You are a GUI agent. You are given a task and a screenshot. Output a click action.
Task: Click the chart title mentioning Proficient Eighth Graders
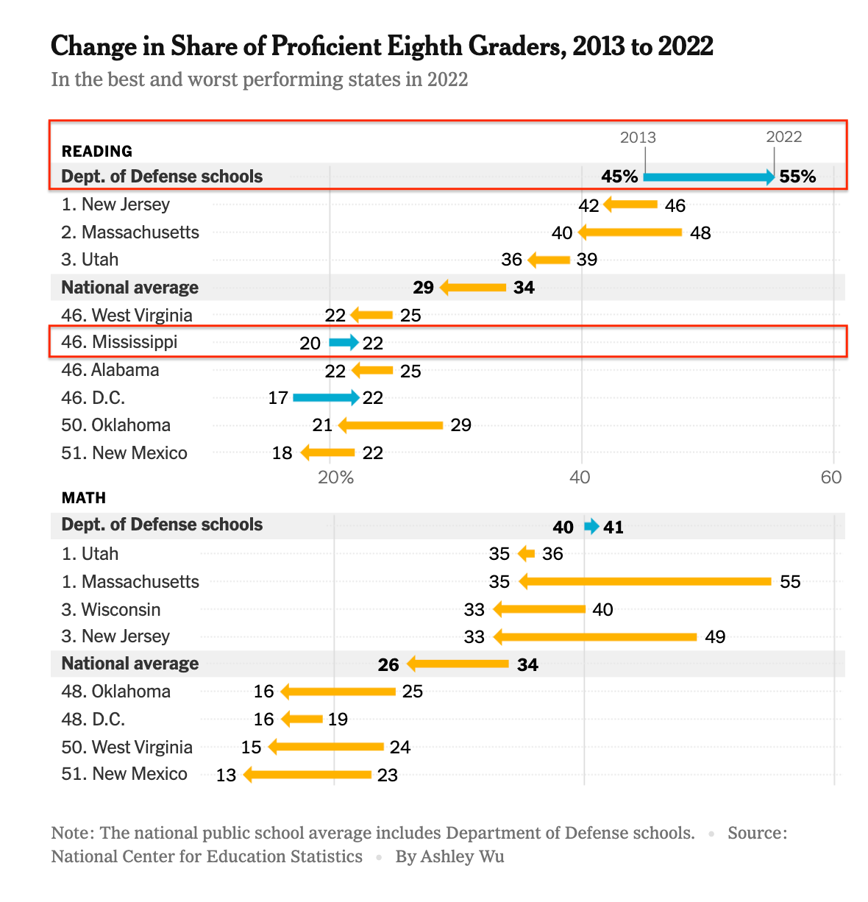tap(382, 46)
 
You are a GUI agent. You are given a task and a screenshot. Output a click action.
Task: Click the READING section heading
tap(97, 152)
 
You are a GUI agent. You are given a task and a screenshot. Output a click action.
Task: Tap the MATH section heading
tap(84, 498)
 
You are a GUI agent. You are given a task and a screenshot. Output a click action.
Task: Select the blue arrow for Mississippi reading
tap(344, 342)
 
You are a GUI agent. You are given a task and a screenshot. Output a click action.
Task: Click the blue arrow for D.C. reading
tap(326, 398)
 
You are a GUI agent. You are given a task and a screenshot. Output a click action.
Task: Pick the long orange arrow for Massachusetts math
tap(645, 581)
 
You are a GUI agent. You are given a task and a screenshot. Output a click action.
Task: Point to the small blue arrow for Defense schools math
tap(591, 526)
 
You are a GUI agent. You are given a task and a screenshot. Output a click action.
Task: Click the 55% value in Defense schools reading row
tap(798, 177)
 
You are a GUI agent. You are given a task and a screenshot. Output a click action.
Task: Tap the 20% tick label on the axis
tap(335, 477)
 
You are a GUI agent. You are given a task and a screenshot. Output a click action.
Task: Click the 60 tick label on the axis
tap(831, 477)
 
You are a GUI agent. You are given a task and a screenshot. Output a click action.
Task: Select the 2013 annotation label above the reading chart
tap(638, 138)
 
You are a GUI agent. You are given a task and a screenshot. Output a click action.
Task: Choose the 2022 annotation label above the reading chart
tap(784, 137)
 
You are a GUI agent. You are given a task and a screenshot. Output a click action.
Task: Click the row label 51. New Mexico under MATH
tap(124, 774)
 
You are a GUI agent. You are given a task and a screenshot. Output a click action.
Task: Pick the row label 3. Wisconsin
tap(111, 609)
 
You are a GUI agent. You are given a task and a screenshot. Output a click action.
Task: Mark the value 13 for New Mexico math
tap(226, 775)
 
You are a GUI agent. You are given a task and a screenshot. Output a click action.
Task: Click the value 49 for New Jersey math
tap(715, 637)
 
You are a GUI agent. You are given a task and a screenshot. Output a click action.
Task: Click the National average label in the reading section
tap(130, 288)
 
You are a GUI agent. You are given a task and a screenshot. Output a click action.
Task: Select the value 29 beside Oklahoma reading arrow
tap(461, 425)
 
